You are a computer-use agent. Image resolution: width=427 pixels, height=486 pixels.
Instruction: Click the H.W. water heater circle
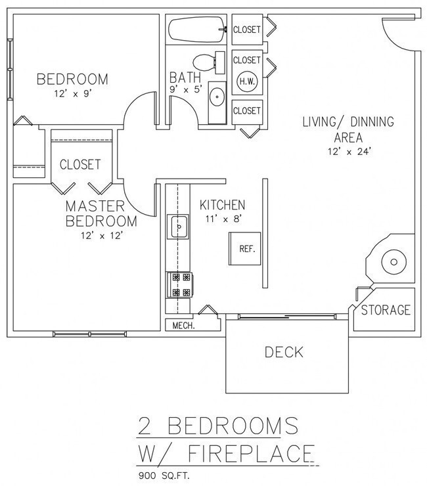coord(247,81)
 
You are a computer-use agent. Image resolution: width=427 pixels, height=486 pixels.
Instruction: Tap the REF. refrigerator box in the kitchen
coord(247,249)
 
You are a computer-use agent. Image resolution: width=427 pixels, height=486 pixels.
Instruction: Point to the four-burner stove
coord(179,284)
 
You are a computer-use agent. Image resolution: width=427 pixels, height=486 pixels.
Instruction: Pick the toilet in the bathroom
coord(208,64)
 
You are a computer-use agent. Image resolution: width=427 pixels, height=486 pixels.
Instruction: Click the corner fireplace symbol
coord(393,261)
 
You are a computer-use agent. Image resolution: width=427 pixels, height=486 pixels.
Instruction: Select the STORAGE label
coord(386,309)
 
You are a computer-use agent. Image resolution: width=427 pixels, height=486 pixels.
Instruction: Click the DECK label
coord(284,353)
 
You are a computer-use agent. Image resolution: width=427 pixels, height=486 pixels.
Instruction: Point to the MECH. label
coord(185,325)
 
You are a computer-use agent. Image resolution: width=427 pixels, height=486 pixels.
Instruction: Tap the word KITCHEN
coord(223,205)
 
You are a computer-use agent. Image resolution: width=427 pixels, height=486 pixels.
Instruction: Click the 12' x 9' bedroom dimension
coord(72,94)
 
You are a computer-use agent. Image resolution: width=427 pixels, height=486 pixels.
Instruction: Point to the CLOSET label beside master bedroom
coord(80,164)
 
